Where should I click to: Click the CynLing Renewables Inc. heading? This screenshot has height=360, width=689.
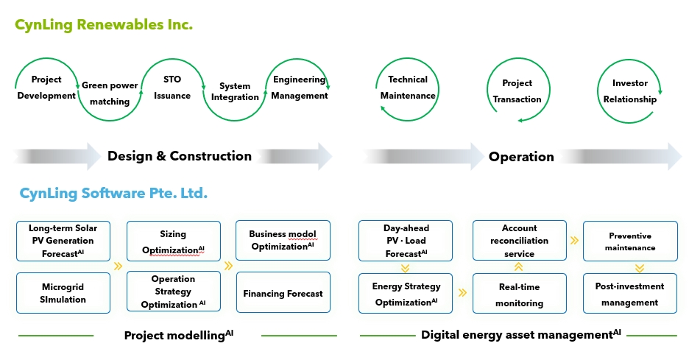(104, 25)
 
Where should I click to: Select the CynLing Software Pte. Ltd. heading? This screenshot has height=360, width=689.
(113, 194)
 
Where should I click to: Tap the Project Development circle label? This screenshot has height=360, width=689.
(46, 87)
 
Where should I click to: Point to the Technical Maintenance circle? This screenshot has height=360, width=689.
(408, 88)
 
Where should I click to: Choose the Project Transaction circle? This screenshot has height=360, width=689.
(517, 91)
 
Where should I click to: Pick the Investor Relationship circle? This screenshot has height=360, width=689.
(629, 91)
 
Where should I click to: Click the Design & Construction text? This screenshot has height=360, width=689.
(180, 156)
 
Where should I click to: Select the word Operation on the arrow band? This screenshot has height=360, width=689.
(521, 157)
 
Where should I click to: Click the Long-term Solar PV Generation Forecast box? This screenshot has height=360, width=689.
(63, 241)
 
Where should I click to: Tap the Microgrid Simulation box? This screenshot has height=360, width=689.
(63, 292)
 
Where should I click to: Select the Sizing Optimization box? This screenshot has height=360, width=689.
(173, 241)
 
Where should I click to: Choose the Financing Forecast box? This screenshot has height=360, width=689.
(283, 293)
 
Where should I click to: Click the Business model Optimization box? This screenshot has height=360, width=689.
(283, 240)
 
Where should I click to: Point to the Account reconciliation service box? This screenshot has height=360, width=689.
(520, 241)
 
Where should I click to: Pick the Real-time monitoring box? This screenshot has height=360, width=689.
(520, 294)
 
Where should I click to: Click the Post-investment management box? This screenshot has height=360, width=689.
(629, 294)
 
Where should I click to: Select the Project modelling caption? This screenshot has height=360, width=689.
(178, 335)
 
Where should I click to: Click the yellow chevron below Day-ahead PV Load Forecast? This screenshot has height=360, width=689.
(406, 268)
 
